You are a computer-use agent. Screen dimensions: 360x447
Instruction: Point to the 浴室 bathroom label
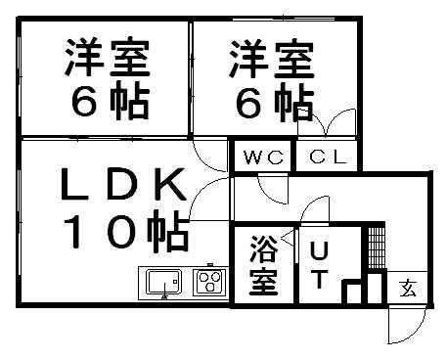261,264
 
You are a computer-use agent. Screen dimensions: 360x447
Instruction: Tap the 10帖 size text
126,232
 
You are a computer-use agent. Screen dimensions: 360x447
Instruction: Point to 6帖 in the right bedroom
272,102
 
